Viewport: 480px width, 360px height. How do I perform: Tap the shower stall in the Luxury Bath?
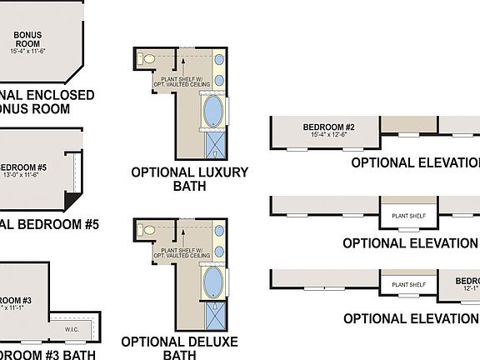pos(216,147)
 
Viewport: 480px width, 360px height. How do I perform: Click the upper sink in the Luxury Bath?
pos(219,61)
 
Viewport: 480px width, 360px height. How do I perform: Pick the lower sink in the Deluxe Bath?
pos(219,251)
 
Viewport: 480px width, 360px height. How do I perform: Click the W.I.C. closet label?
pos(73,328)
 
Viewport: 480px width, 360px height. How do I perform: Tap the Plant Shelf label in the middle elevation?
pos(408,215)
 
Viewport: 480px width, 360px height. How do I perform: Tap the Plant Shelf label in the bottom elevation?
pos(408,285)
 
